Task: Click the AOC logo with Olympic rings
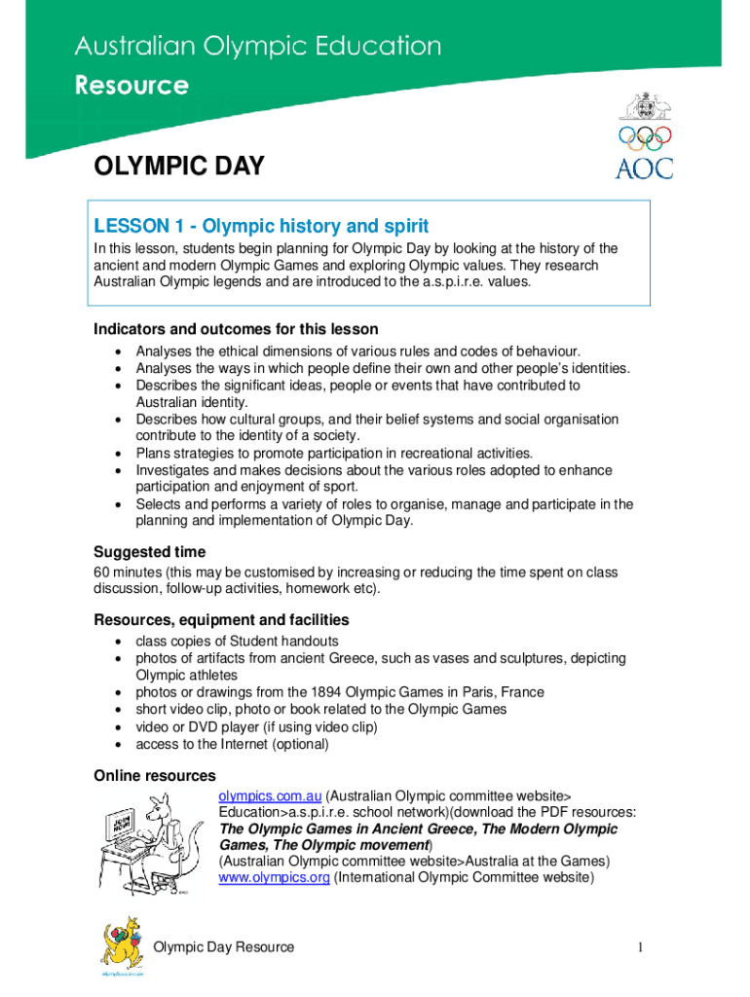point(644,136)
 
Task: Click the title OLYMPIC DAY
point(178,166)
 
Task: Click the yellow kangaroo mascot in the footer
point(122,945)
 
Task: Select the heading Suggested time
point(149,552)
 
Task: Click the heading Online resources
point(154,776)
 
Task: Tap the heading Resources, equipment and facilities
point(221,620)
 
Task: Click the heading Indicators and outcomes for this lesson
point(236,329)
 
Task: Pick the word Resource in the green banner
point(132,86)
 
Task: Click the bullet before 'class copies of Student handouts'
point(118,642)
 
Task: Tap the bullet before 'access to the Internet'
point(118,745)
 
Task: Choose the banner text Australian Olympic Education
point(258,47)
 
